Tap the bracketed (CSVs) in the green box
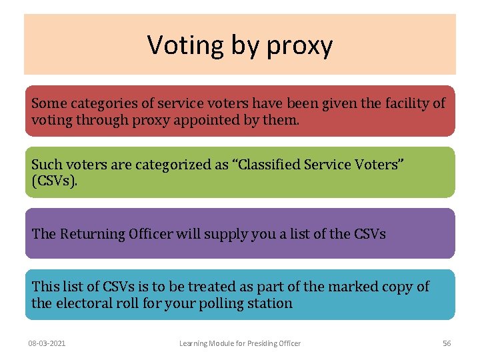point(54,181)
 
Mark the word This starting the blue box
point(45,287)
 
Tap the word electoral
point(86,303)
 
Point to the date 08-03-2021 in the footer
point(47,343)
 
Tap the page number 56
point(447,343)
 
